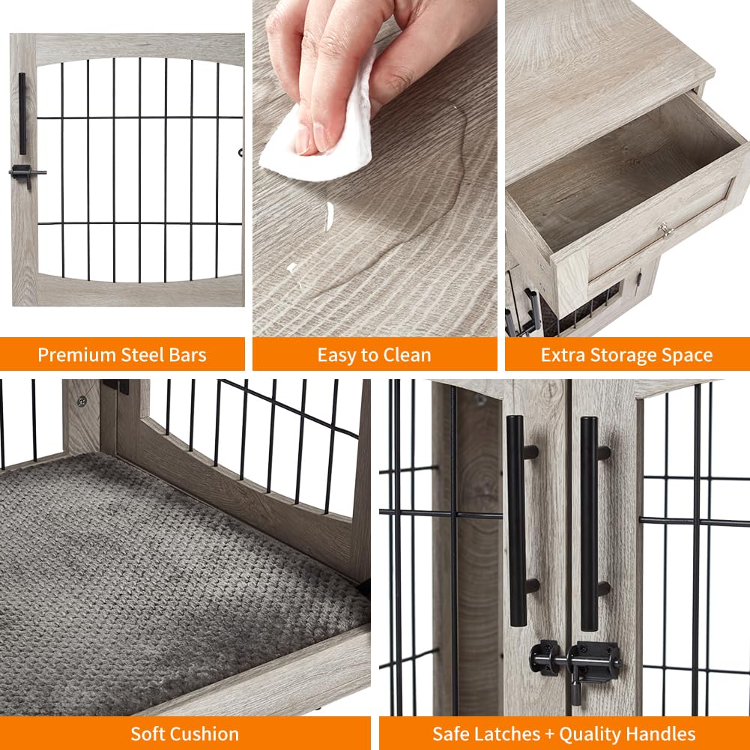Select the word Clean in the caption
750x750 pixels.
(405, 354)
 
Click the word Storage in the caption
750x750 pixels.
(623, 354)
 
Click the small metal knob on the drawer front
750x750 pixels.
(664, 229)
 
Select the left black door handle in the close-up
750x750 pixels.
(517, 521)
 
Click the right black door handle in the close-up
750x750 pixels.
(590, 521)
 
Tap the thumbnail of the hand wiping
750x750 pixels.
(375, 169)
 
